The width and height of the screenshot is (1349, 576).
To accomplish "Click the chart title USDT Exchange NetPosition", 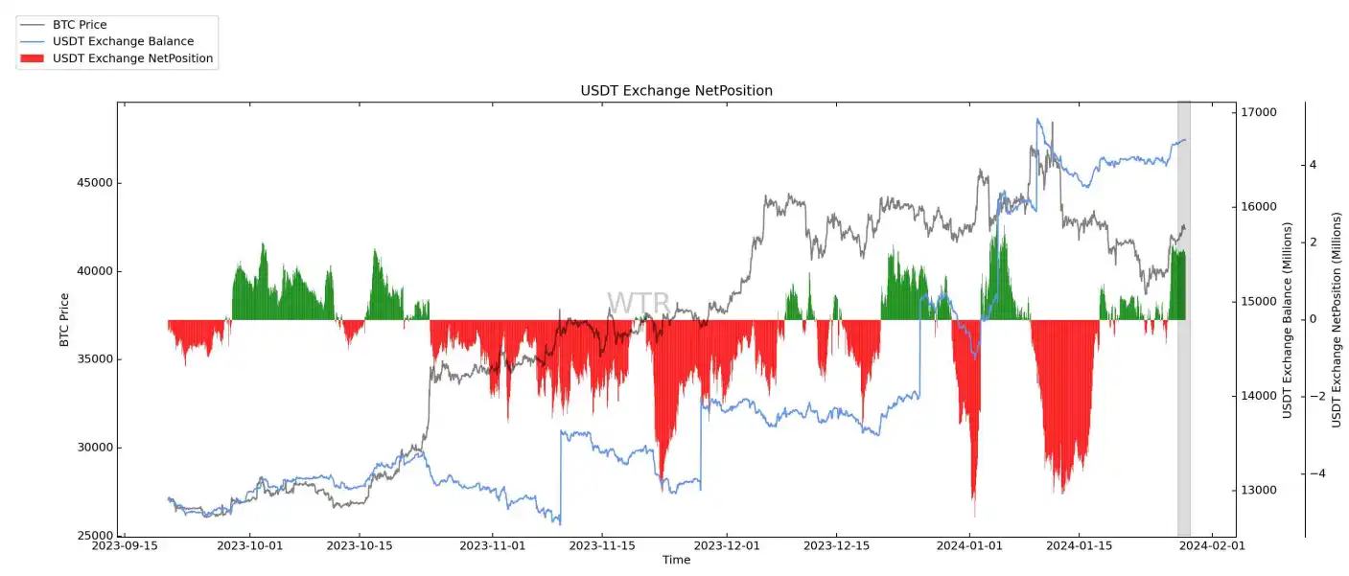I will click(676, 90).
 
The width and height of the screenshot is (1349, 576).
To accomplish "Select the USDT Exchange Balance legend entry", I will click(123, 41).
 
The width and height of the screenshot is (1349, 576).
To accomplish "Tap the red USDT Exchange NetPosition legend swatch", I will click(34, 58).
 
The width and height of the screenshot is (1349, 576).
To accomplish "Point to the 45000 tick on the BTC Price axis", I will click(94, 183).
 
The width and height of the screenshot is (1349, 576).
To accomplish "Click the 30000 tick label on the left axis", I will click(94, 448).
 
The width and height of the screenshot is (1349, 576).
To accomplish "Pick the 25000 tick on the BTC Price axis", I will click(94, 536).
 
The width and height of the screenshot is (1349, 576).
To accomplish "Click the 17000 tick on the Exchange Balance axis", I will click(1260, 113).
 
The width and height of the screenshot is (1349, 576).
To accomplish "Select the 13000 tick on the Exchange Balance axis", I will click(1260, 491).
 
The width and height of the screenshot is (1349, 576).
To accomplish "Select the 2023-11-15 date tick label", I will click(602, 546).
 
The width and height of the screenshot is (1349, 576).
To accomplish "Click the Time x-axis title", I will click(676, 560).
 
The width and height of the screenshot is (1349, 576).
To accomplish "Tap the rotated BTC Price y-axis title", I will click(64, 319).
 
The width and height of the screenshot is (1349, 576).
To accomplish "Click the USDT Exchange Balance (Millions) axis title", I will click(1289, 320).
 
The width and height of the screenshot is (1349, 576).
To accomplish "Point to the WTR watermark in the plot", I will click(638, 304).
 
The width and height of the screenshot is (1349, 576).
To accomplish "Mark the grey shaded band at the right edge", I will click(1183, 316).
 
